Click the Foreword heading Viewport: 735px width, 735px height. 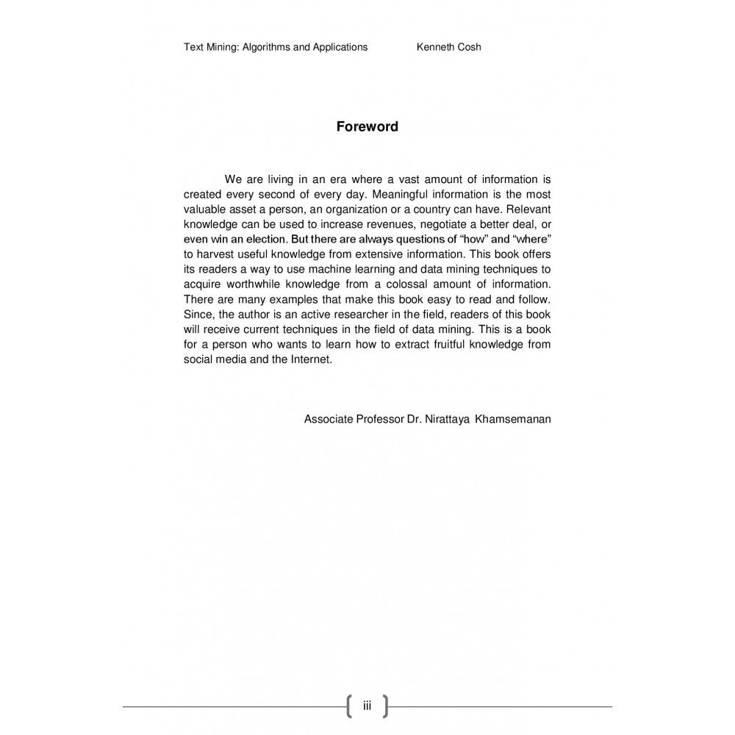coord(367,126)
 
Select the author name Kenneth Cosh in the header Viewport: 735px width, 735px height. coord(448,47)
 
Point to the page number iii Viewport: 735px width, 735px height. coord(367,706)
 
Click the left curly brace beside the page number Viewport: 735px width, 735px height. coord(348,706)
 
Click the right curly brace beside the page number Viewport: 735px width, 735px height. coord(385,706)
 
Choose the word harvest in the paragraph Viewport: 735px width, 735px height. coord(216,254)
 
